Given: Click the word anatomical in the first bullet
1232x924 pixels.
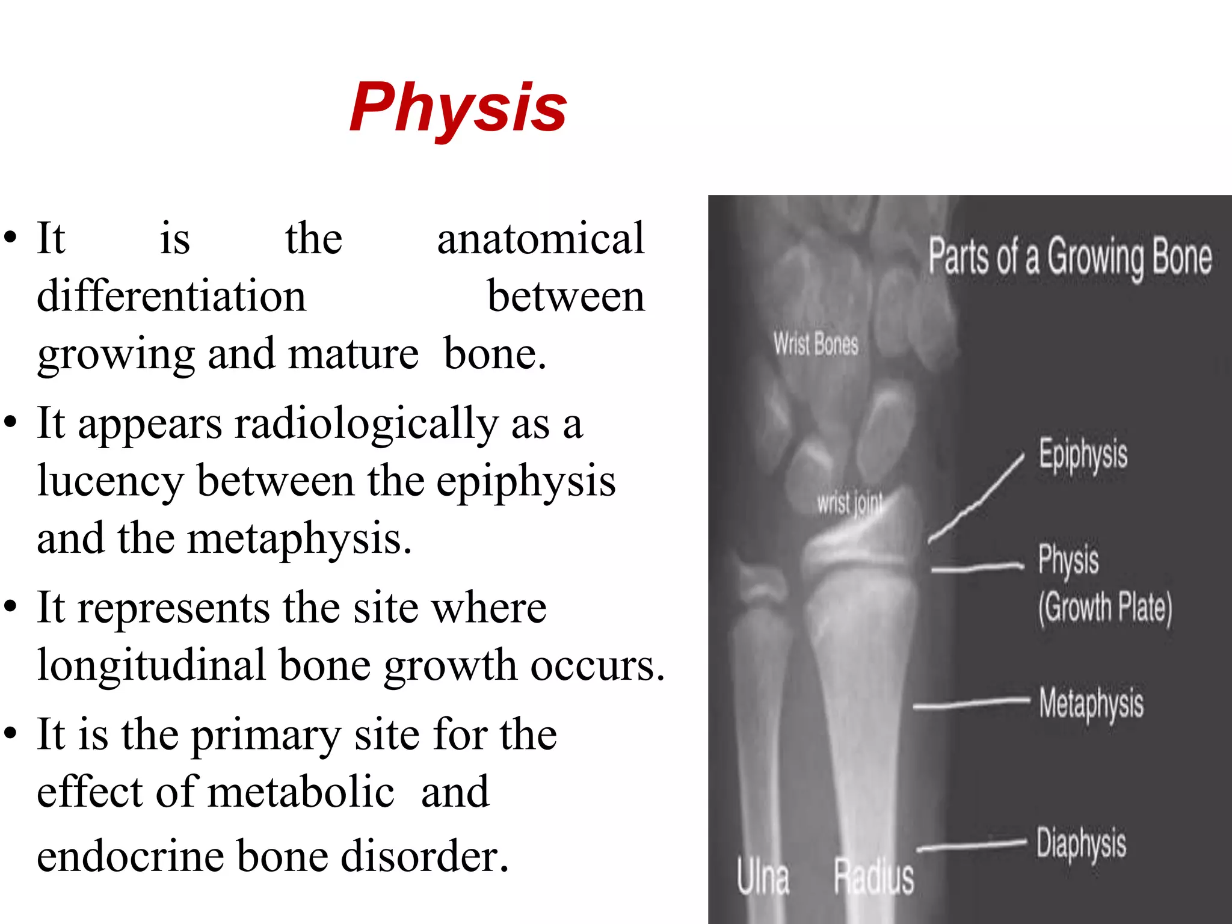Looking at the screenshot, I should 540,239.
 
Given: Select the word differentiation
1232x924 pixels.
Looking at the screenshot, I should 171,296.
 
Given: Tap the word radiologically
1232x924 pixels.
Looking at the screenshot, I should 366,423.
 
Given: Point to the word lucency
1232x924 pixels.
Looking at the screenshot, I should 111,481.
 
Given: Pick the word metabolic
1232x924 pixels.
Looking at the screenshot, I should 301,792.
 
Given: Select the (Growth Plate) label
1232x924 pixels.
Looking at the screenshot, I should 1105,608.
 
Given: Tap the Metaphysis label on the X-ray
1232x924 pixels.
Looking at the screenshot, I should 1091,703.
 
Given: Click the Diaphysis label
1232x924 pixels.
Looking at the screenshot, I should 1081,843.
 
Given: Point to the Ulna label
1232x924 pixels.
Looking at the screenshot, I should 763,877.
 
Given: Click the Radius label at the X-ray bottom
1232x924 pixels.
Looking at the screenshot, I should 873,877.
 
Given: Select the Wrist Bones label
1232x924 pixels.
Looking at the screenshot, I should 816,344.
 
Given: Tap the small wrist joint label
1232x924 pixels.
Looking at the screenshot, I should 849,503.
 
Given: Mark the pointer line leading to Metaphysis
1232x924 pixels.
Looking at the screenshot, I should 972,703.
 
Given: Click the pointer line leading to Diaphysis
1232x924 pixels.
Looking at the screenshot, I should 972,846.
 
